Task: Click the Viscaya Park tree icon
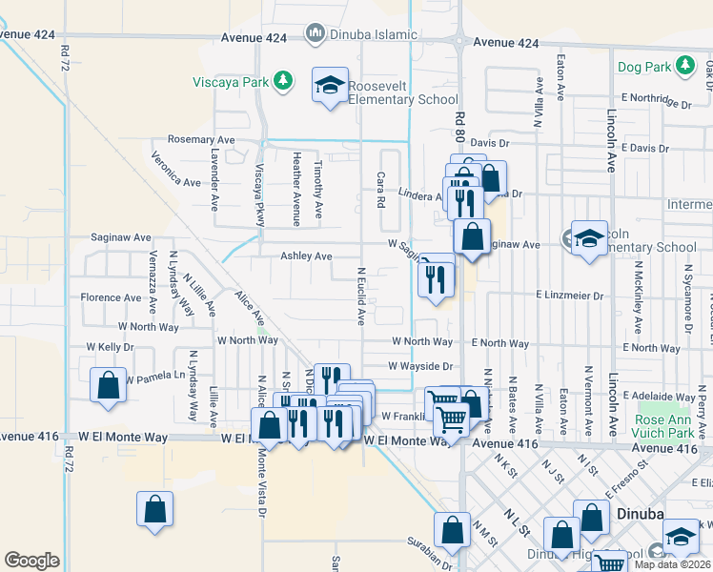282,81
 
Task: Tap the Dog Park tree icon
684,66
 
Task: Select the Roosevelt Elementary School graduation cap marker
330,88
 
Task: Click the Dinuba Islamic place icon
315,34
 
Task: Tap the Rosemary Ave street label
200,139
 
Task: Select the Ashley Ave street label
305,256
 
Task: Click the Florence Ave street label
111,297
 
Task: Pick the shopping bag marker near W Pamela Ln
109,386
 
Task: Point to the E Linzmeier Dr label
570,296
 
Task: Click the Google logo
31,561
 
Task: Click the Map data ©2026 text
672,564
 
